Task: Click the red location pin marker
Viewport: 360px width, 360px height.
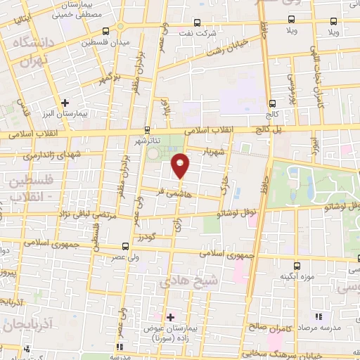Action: point(181,165)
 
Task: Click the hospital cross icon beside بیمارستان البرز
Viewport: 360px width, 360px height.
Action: point(65,103)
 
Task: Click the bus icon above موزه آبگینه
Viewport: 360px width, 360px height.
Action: point(296,266)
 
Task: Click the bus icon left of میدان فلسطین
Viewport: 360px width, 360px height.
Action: point(105,31)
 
